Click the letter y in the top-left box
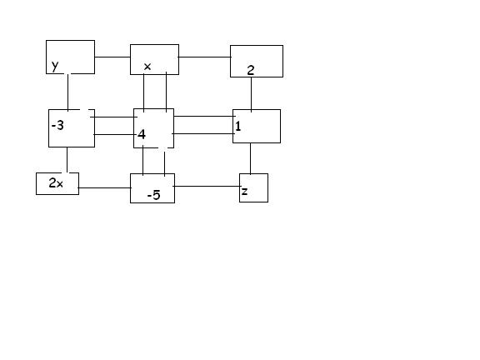tap(55, 66)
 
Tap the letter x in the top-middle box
tap(147, 67)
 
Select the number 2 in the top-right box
tap(250, 70)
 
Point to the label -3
tap(57, 125)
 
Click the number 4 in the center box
tap(142, 134)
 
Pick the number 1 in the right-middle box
tap(237, 126)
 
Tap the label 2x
tap(56, 182)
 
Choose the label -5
tap(153, 195)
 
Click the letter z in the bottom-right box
tap(244, 192)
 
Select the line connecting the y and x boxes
tap(112, 57)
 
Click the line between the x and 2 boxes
tap(204, 57)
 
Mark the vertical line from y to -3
tap(67, 92)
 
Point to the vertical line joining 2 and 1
tap(252, 94)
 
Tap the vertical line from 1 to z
tap(251, 158)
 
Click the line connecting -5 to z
tap(207, 186)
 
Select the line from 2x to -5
tap(105, 187)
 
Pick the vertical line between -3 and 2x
tap(67, 160)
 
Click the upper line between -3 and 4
tap(114, 117)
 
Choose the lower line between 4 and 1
tap(203, 134)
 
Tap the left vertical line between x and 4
tap(144, 92)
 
